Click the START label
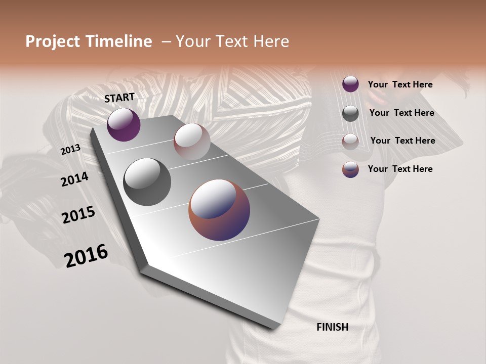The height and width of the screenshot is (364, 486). (119, 98)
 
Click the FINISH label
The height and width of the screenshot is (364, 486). (332, 327)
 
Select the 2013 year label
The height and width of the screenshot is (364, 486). (70, 150)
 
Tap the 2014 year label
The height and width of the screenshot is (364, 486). (74, 179)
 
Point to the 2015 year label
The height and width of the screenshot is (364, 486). (78, 215)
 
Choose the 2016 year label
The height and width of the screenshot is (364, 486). (86, 256)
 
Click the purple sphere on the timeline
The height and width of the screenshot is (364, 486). (124, 124)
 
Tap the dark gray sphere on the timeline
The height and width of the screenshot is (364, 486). (147, 181)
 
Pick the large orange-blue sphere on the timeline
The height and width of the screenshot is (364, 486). (219, 210)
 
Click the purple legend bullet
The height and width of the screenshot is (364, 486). (350, 84)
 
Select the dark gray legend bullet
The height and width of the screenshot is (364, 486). (350, 113)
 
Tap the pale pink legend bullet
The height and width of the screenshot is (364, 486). (350, 142)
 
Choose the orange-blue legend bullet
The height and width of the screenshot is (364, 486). (350, 169)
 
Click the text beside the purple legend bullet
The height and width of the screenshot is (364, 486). (400, 84)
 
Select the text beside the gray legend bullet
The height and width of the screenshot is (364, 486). (401, 113)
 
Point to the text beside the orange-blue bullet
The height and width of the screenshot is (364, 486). (400, 169)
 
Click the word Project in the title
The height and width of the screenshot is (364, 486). (53, 41)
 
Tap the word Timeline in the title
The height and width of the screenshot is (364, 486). (120, 41)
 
